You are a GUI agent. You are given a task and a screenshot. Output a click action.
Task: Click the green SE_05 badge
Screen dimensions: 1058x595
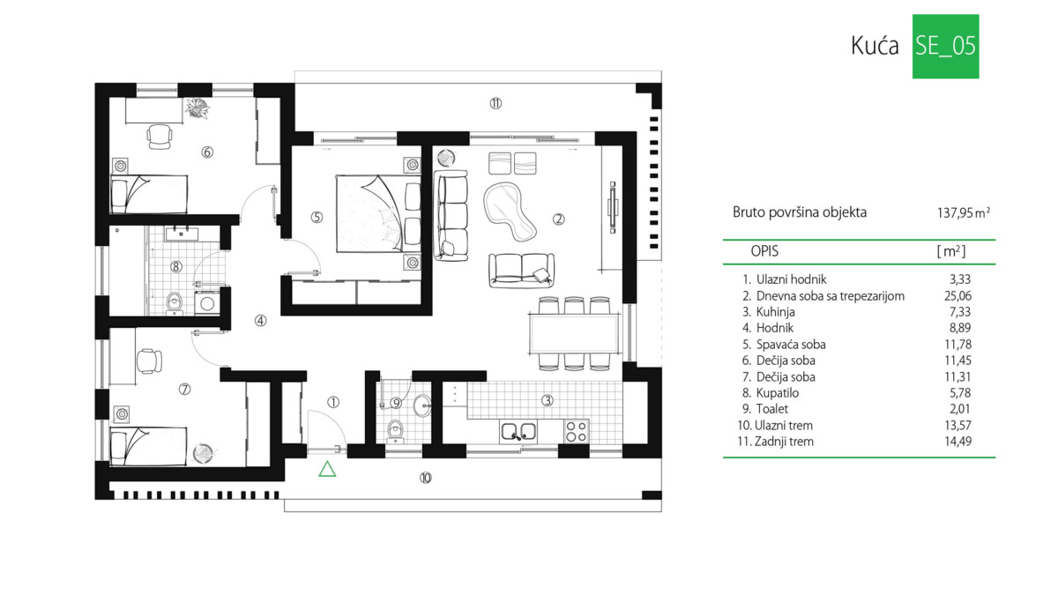[945, 46]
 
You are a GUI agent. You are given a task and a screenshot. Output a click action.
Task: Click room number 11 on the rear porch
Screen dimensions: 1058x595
[495, 103]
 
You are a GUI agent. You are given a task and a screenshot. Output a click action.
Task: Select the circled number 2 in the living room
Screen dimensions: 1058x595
[558, 219]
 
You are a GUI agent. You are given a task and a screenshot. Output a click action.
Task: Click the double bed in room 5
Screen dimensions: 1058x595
[378, 213]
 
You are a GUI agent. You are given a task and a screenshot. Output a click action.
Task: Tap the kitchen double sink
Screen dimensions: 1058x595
[518, 431]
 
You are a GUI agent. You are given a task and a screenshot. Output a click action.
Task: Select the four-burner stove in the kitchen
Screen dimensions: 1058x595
[577, 431]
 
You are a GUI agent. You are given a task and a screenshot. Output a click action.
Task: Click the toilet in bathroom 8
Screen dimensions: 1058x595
[175, 303]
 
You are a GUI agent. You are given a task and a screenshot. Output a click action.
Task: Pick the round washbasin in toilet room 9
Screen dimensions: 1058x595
[421, 405]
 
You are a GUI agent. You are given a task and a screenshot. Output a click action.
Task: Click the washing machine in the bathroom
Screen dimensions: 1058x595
[207, 303]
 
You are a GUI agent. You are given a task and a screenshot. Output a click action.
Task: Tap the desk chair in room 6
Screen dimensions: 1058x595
[160, 137]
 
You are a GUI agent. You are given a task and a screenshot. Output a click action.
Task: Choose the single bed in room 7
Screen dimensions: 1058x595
[148, 446]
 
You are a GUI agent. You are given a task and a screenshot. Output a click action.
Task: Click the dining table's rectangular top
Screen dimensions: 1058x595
[574, 334]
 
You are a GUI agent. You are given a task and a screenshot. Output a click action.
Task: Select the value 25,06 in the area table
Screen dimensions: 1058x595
[957, 296]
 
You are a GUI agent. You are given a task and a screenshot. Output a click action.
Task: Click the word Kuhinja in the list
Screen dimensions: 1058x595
[776, 312]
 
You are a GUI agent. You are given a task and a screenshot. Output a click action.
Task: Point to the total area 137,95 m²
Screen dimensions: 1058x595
[964, 213]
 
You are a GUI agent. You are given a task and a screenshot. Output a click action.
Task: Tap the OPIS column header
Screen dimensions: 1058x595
[764, 251]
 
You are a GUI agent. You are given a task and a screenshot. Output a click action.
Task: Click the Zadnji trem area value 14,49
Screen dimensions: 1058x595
[957, 442]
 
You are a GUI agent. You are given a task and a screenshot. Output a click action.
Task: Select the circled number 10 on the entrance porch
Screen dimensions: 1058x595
[426, 478]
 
